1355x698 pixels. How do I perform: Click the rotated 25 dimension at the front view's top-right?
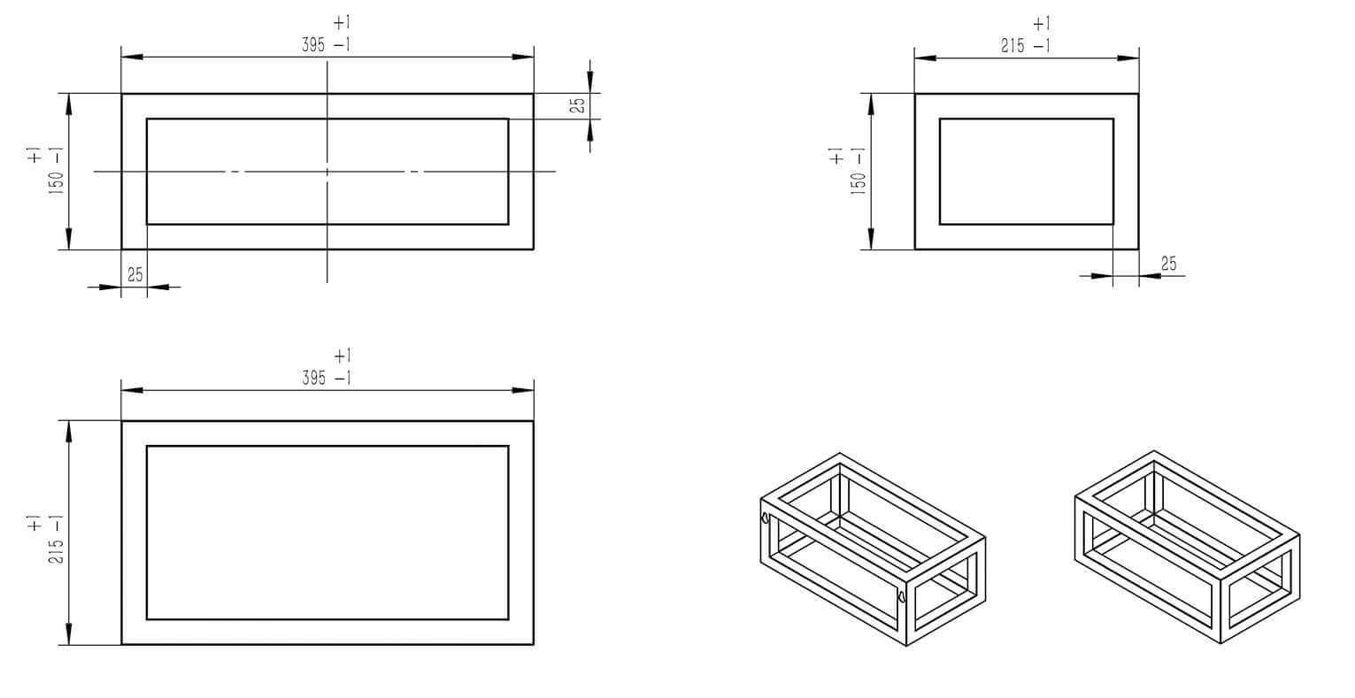coord(577,105)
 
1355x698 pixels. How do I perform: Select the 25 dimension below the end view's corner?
coord(1168,263)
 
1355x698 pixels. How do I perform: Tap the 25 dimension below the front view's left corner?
coord(135,274)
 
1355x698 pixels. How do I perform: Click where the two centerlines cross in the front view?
coord(327,172)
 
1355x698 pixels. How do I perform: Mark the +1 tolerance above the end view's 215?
coord(1041,23)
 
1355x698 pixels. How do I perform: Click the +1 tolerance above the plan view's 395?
coord(343,356)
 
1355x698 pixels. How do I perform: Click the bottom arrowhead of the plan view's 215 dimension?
coord(68,634)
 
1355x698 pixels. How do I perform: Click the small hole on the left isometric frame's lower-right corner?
coord(902,597)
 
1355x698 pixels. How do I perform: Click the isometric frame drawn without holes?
coord(1186,548)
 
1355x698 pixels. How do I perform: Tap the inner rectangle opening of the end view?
coord(1026,172)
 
